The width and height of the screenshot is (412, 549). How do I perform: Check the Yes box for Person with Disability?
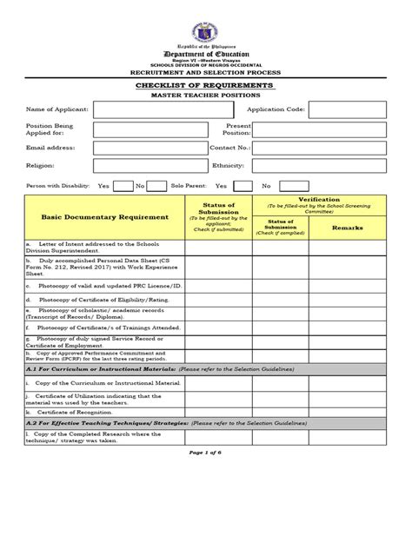[x=123, y=186]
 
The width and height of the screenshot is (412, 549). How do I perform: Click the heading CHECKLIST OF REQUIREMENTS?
[x=206, y=86]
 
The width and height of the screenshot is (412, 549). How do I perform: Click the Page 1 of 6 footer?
[x=206, y=458]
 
